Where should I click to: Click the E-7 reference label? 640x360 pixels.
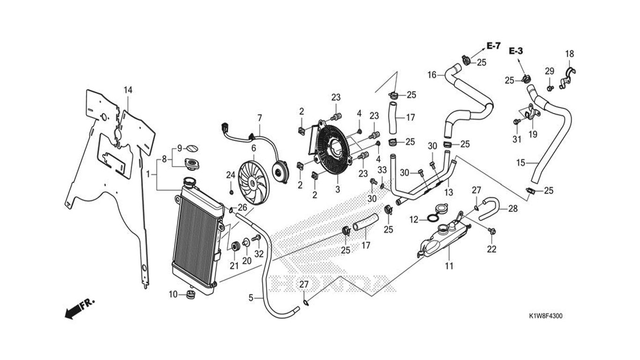point(493,46)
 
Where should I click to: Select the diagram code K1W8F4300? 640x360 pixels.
point(545,316)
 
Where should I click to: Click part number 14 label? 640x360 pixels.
point(128,90)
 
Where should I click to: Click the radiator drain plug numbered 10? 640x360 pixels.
point(190,294)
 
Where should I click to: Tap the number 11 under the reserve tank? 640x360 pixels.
point(449,266)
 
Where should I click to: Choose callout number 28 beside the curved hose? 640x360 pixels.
point(513,209)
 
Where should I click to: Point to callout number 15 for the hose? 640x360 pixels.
point(521,163)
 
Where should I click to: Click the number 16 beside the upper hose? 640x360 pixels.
point(432,75)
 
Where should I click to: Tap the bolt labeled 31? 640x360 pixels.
point(516,121)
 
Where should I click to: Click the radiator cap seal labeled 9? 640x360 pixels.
point(192,148)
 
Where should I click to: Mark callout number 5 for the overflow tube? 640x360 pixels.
point(251,297)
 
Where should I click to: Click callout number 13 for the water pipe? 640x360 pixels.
point(449,193)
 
